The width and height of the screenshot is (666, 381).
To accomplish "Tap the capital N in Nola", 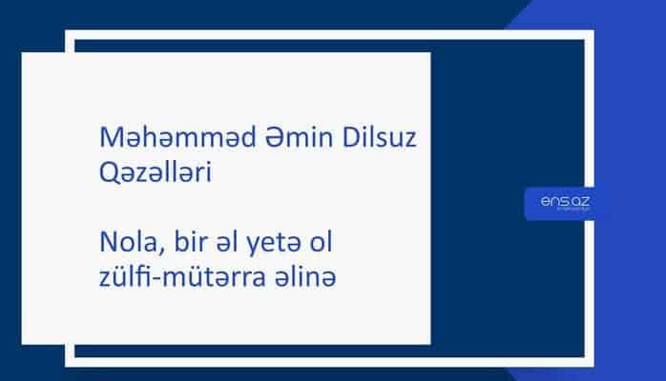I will [108, 245].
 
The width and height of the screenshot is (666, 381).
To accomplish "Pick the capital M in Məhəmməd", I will [111, 141].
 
